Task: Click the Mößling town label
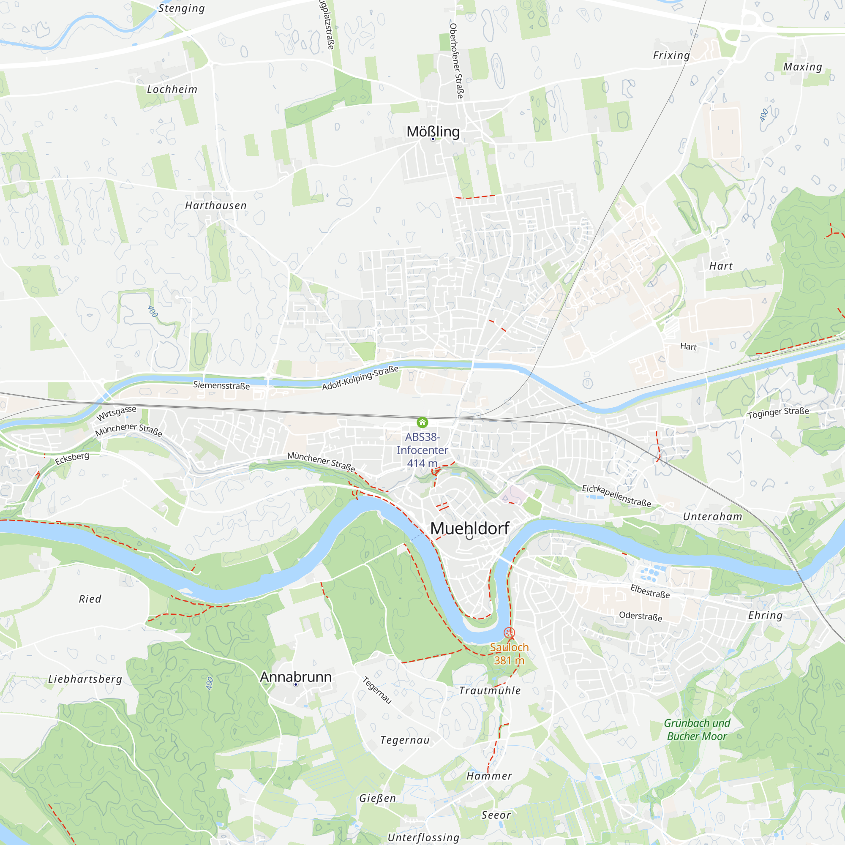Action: (433, 132)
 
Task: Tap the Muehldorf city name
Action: (470, 529)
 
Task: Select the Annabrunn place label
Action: (296, 676)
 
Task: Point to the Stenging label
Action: (182, 8)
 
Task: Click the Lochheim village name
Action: (172, 89)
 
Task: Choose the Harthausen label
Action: (215, 205)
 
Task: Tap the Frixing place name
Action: (671, 55)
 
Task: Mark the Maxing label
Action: (803, 67)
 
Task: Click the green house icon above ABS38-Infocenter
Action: (422, 422)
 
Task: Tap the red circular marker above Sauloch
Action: (509, 632)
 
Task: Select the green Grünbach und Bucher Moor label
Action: (697, 730)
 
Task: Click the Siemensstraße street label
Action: (221, 385)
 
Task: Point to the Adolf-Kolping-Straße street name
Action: (360, 378)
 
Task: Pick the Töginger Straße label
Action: (778, 412)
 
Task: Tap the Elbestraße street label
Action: (650, 591)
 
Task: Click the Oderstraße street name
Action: (641, 616)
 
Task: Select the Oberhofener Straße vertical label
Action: (456, 61)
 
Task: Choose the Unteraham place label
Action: (712, 517)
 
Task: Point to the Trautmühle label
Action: (490, 691)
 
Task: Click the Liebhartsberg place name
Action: (85, 679)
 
